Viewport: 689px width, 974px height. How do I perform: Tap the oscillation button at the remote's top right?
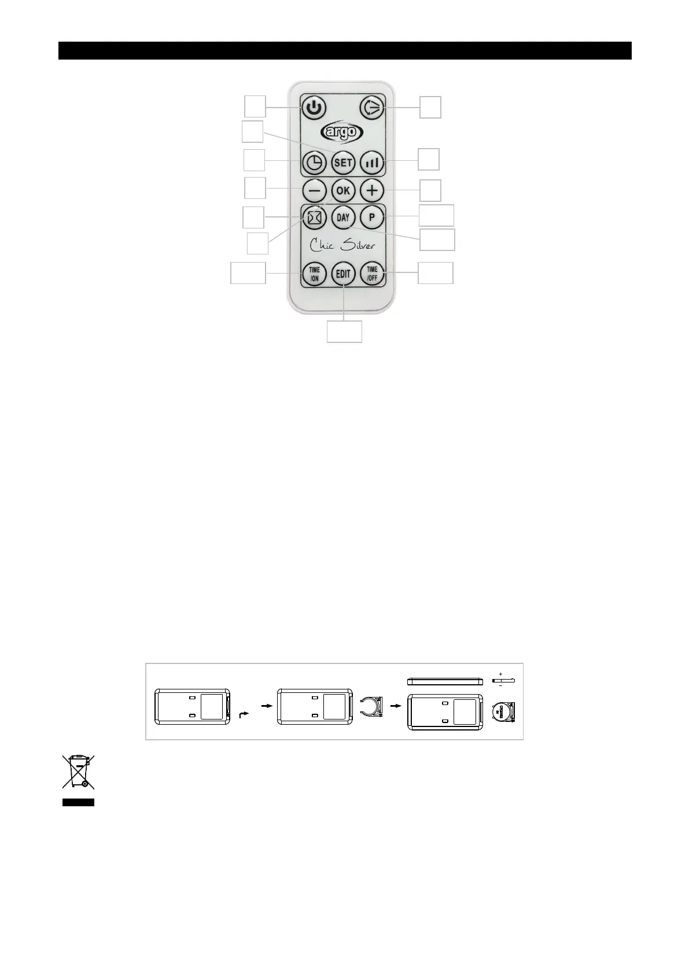click(x=372, y=108)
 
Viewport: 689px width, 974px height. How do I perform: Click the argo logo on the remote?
click(x=342, y=132)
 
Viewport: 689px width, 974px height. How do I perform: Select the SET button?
click(x=343, y=163)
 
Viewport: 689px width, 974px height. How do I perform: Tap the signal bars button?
click(x=372, y=163)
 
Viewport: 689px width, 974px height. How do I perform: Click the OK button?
click(x=343, y=190)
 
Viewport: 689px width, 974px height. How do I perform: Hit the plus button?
click(x=372, y=190)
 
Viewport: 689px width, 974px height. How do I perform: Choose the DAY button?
click(x=343, y=217)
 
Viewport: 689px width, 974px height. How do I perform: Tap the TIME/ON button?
click(x=314, y=273)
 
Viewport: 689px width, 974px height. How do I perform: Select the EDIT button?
click(x=343, y=273)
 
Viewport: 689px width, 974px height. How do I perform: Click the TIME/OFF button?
click(x=372, y=273)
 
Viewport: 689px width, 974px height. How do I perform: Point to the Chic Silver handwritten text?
click(x=343, y=245)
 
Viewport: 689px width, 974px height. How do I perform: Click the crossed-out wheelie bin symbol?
click(x=78, y=772)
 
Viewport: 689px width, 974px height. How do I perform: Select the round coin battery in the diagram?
click(x=503, y=713)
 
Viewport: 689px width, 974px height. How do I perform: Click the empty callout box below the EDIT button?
click(x=344, y=331)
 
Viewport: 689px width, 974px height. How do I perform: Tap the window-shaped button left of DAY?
click(x=314, y=217)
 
